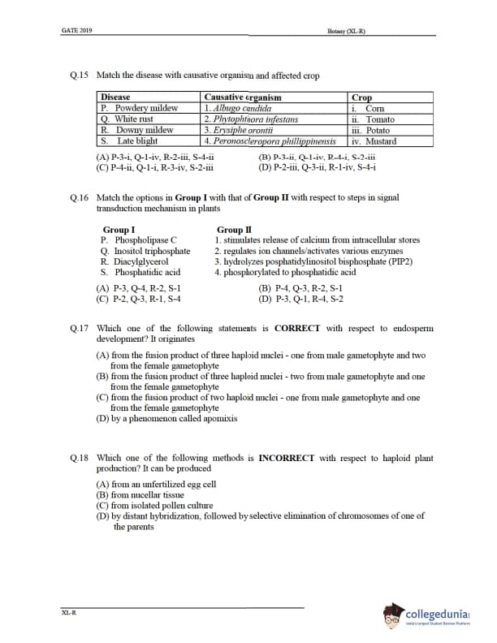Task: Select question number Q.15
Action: click(x=80, y=76)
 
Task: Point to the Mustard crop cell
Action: click(x=374, y=140)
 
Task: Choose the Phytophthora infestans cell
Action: click(x=251, y=119)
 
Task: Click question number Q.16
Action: click(x=80, y=197)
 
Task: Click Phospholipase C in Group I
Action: click(x=145, y=240)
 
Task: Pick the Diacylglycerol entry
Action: click(x=134, y=261)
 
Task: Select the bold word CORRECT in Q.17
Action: click(x=298, y=328)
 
